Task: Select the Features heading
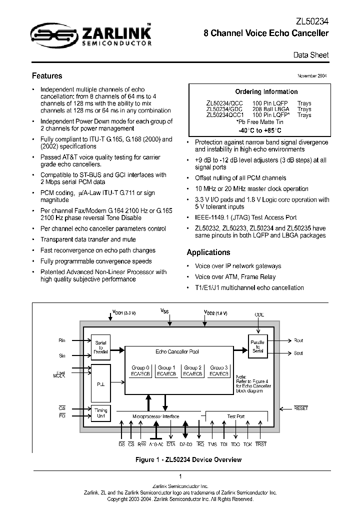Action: pyautogui.click(x=47, y=76)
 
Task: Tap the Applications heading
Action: pyautogui.click(x=208, y=252)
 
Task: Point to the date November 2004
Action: pyautogui.click(x=311, y=76)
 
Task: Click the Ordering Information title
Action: pyautogui.click(x=266, y=91)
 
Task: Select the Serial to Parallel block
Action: pyautogui.click(x=100, y=346)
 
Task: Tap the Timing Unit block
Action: pyautogui.click(x=100, y=413)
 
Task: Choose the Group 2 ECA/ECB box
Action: pyautogui.click(x=193, y=370)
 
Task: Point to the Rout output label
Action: pyautogui.click(x=298, y=340)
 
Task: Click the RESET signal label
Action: pyautogui.click(x=301, y=408)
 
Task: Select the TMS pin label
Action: pyautogui.click(x=212, y=444)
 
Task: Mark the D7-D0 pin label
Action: pyautogui.click(x=185, y=444)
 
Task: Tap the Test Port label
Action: pyautogui.click(x=236, y=416)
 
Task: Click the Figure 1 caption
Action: pyautogui.click(x=180, y=458)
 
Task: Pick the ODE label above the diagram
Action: pyautogui.click(x=259, y=314)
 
